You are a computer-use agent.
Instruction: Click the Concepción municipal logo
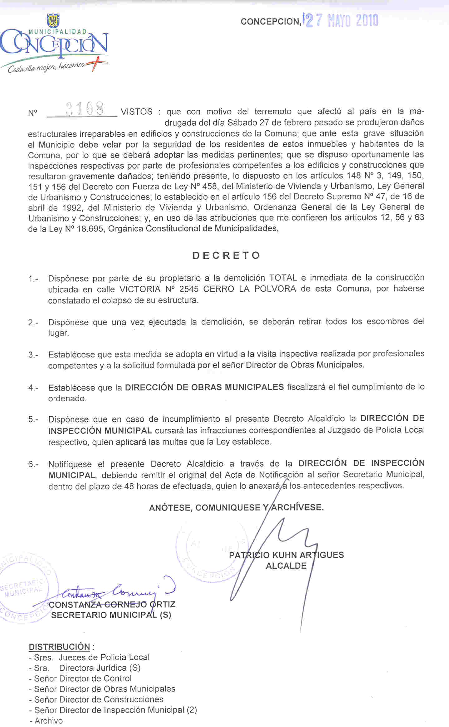(x=55, y=47)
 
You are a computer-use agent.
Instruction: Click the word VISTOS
(x=136, y=112)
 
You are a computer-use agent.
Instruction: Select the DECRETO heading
(x=226, y=256)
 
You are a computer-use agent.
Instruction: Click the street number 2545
(x=189, y=289)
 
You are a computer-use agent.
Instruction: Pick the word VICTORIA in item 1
(x=139, y=289)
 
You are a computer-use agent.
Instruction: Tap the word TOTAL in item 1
(x=283, y=278)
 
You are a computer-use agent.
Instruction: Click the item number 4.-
(x=33, y=388)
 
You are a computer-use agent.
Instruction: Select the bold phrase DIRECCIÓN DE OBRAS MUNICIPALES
(x=204, y=387)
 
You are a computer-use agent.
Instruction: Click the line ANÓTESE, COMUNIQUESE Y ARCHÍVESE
(x=236, y=508)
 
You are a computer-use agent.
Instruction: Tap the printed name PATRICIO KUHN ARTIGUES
(x=286, y=555)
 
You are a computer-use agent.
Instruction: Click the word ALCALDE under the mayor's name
(x=286, y=566)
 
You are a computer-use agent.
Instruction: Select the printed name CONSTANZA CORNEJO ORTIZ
(x=112, y=605)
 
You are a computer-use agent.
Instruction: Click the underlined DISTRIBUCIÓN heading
(x=59, y=647)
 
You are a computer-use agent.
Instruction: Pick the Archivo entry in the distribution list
(x=48, y=721)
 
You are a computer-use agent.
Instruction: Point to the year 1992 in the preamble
(x=72, y=208)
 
